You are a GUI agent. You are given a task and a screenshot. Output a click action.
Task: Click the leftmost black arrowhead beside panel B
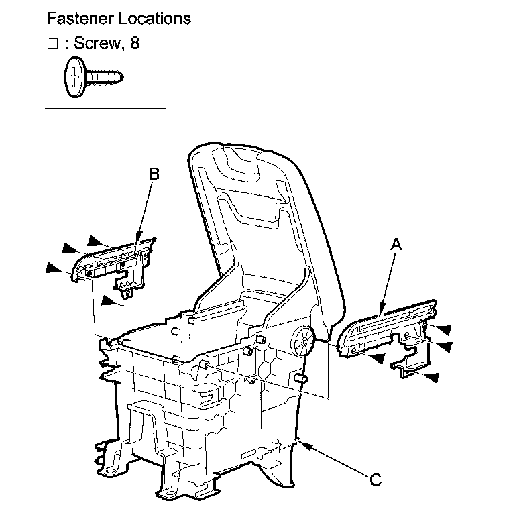tap(52, 269)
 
